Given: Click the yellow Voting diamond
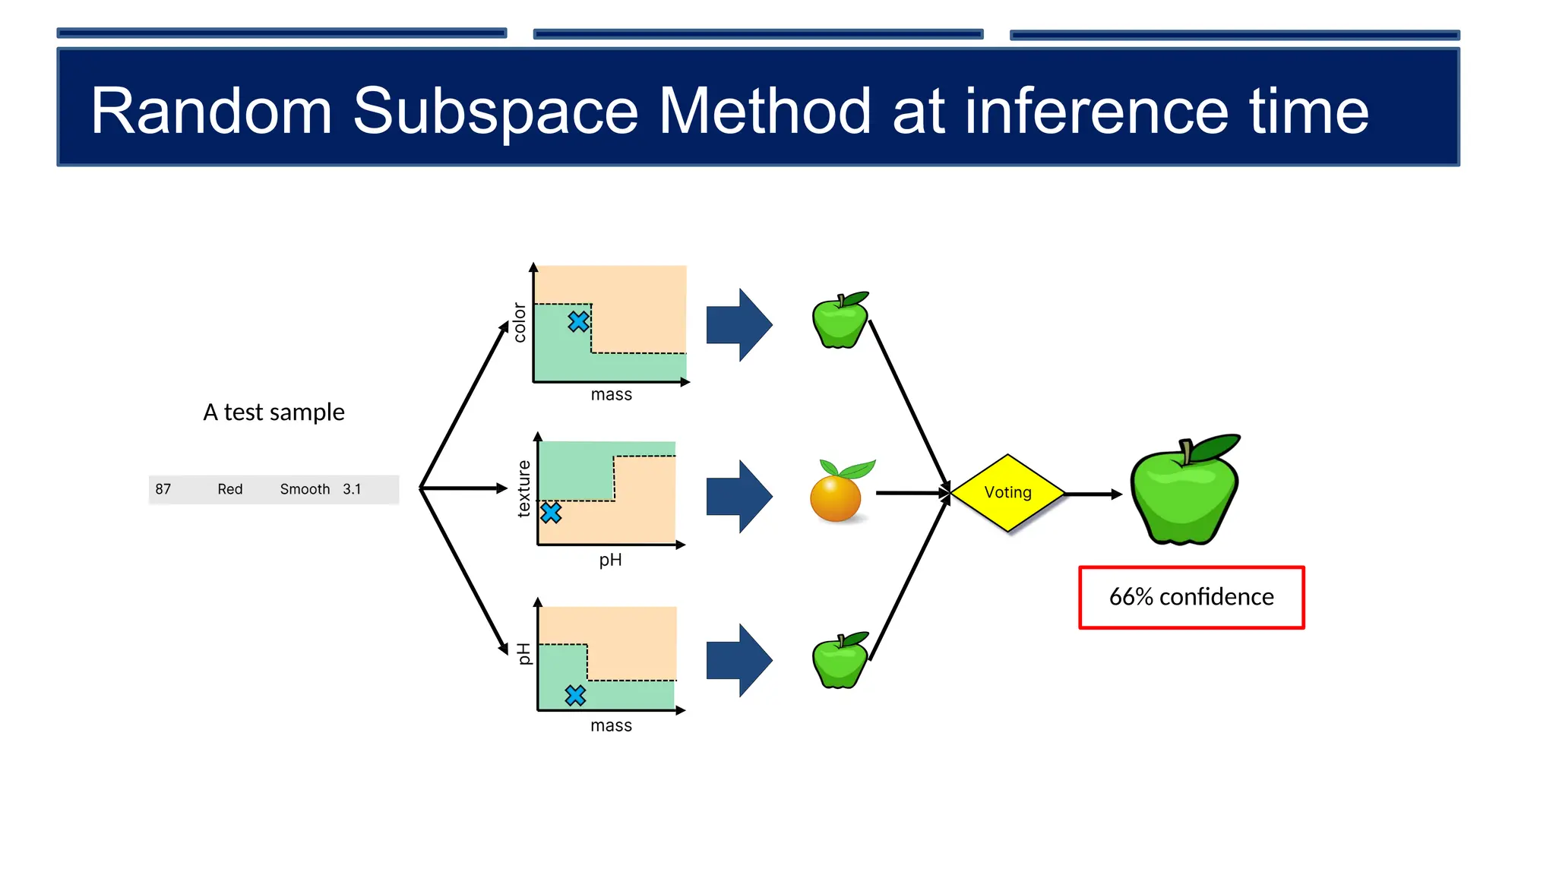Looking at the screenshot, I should pos(1007,493).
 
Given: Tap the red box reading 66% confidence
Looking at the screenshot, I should pos(1191,597).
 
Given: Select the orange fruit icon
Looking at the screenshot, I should pos(836,498).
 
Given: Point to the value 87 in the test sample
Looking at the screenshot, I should pos(163,489).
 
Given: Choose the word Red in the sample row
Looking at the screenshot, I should pos(230,489).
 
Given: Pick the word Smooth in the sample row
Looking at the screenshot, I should pos(305,489).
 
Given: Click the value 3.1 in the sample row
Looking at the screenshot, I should pos(352,489).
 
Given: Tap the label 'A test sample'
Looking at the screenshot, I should pos(274,412).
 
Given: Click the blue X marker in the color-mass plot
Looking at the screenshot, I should pos(578,322).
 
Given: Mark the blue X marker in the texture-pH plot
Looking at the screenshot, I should pos(551,513).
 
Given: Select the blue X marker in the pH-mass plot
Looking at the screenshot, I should pos(575,695).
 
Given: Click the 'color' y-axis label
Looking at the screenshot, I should pos(520,323).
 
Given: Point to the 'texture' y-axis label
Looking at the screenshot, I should pos(523,488).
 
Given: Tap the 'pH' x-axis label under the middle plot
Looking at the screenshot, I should pos(610,561).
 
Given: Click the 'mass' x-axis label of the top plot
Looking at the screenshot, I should pos(612,395).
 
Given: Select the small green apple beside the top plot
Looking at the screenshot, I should pos(840,321).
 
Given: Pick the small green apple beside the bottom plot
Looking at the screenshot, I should pos(840,661).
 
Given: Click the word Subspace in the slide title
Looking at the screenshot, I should pos(495,112).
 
